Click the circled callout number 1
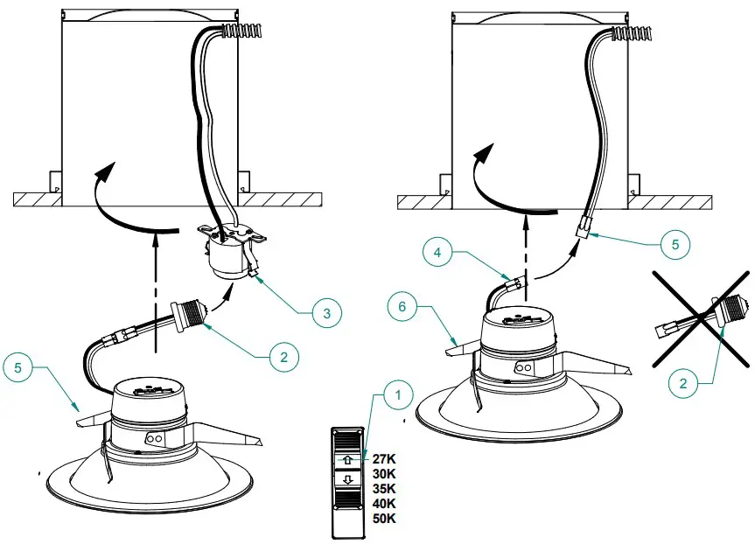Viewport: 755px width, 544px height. (x=399, y=396)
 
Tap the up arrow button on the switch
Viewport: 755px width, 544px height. (x=349, y=458)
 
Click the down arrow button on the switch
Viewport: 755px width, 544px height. (x=349, y=479)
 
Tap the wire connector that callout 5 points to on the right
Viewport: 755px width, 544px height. (x=582, y=228)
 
